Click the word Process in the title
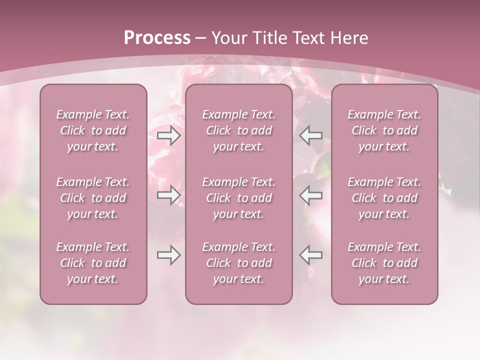157,38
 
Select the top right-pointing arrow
168,135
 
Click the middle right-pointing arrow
168,195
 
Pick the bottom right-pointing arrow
168,255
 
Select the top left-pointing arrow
311,135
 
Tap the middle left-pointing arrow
311,195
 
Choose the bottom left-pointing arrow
311,255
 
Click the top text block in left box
93,130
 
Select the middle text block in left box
93,198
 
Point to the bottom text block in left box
93,263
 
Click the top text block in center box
239,130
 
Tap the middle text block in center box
239,198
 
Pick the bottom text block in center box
239,263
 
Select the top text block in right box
384,130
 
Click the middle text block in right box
384,198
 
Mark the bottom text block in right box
384,263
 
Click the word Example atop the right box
367,115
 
